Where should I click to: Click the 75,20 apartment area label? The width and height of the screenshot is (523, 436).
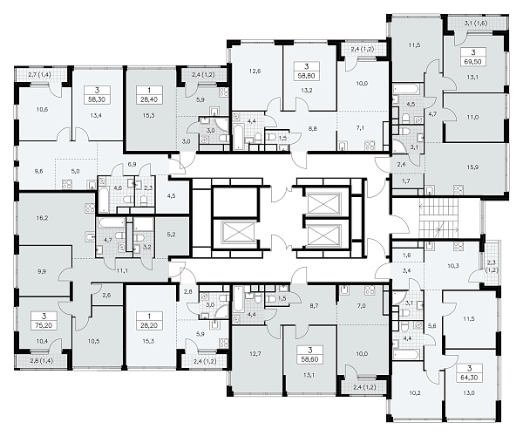pos(44,325)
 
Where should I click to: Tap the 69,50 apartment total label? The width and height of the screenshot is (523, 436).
pos(473,62)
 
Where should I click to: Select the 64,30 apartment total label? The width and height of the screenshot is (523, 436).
pos(469,378)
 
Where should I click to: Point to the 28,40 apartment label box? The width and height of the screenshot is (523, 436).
pos(149,94)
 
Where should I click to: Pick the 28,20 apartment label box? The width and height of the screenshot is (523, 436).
pos(149,321)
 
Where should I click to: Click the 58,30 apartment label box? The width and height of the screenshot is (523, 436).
pos(97,94)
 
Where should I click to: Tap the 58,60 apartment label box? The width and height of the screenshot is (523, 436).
pos(309,354)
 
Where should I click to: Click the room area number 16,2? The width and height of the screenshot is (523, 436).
pos(43,218)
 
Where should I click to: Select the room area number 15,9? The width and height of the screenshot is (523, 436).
pos(472,167)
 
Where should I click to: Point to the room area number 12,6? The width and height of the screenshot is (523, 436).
pos(255,71)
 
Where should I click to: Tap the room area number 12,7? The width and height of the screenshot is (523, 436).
pos(255,354)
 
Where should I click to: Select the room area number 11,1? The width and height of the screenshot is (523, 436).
pos(122,271)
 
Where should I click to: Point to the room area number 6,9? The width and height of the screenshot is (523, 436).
pos(132,164)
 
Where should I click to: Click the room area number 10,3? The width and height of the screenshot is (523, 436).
pos(452,266)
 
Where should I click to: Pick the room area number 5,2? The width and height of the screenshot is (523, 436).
pos(171,235)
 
